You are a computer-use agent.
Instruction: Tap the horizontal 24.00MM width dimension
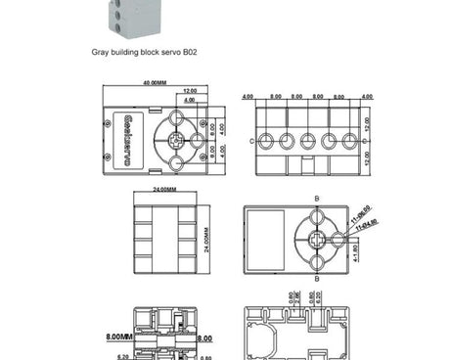[x=164, y=187]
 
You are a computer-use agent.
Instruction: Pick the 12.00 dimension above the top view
[x=189, y=91]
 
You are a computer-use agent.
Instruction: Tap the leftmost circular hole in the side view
[x=267, y=140]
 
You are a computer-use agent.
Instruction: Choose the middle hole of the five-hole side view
[x=308, y=140]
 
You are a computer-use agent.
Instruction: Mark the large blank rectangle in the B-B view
[x=267, y=235]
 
